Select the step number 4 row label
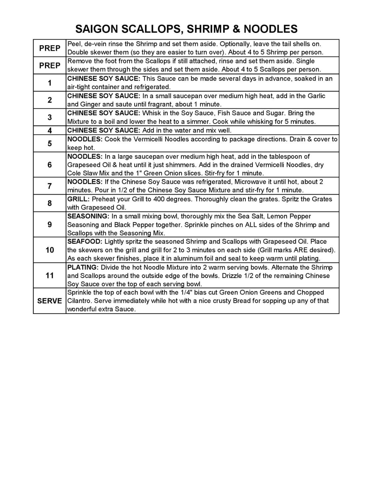(x=50, y=130)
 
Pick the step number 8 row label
(x=50, y=203)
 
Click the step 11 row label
(x=50, y=276)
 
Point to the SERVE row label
(x=50, y=301)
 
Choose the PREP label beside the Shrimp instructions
(x=50, y=48)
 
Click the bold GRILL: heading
(x=79, y=199)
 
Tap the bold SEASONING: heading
(x=88, y=216)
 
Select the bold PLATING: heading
(x=83, y=267)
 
